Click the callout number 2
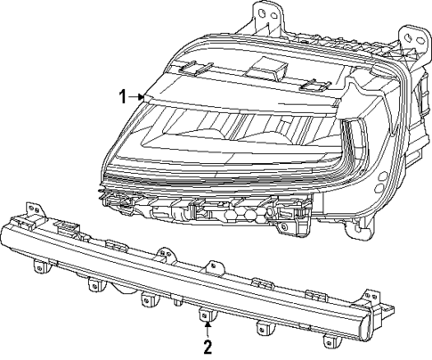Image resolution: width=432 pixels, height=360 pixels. [207, 346]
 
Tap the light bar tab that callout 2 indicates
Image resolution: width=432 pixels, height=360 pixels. [206, 314]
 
